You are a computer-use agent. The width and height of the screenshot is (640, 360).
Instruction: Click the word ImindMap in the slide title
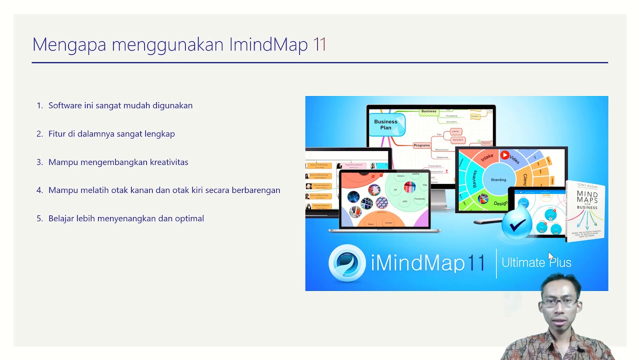(x=268, y=45)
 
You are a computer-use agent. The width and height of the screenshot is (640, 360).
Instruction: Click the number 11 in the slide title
(x=319, y=45)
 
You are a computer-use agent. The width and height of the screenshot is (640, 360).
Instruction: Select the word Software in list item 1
(x=65, y=105)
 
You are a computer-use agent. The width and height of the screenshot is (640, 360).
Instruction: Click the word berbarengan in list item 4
(x=255, y=190)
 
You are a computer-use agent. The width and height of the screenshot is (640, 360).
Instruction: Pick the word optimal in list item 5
(x=189, y=218)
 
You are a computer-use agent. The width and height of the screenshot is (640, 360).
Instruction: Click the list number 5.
(x=39, y=218)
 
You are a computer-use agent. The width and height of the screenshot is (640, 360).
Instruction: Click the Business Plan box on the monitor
(x=386, y=124)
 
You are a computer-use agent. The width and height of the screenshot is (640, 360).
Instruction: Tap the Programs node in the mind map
(x=421, y=145)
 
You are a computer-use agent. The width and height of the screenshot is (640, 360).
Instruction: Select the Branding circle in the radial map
(x=498, y=179)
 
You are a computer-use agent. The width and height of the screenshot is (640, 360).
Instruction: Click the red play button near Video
(x=504, y=155)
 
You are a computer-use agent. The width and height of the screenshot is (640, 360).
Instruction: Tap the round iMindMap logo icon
(x=347, y=263)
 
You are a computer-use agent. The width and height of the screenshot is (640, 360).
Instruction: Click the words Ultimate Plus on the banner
(x=536, y=262)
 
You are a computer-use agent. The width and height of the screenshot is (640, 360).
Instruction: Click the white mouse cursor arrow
(x=551, y=256)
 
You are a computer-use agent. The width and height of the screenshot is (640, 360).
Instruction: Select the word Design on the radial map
(x=500, y=203)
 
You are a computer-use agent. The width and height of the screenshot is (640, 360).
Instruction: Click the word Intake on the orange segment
(x=486, y=157)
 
